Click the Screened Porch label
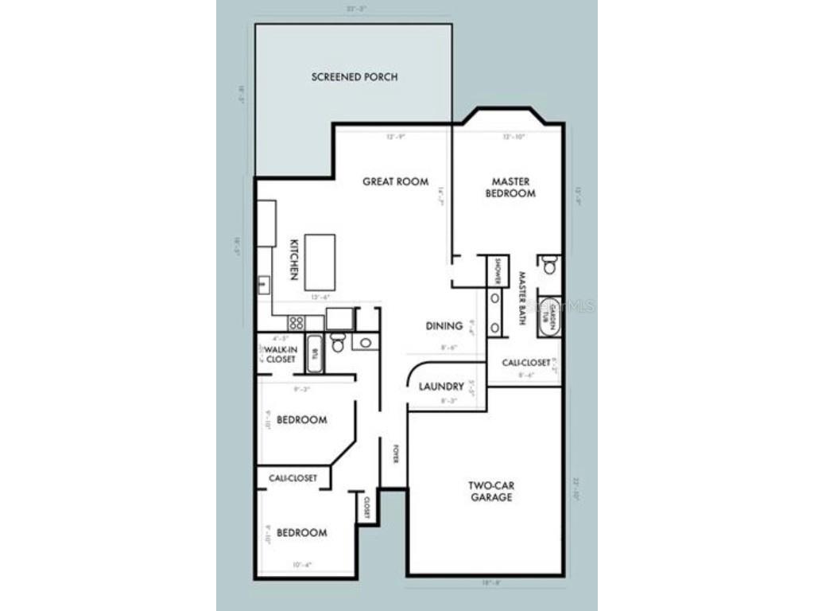(354, 77)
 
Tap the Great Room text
(395, 181)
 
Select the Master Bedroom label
(510, 187)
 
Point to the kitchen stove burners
(295, 322)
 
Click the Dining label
(444, 325)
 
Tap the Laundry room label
(441, 387)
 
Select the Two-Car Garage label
(490, 491)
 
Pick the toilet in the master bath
(549, 265)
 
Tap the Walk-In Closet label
(280, 355)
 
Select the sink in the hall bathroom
(365, 343)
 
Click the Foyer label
(394, 453)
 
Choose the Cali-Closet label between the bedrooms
(293, 477)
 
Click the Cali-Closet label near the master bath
(525, 363)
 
